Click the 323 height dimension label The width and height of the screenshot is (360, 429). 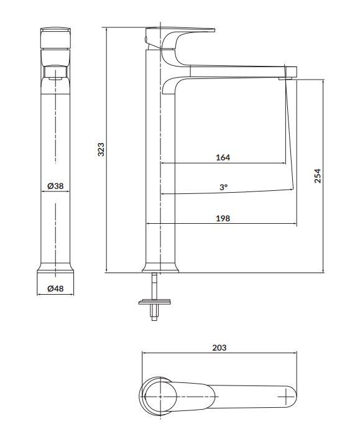click(101, 149)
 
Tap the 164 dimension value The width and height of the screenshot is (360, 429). click(223, 157)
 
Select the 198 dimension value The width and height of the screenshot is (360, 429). click(223, 218)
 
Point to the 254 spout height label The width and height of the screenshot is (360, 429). click(317, 176)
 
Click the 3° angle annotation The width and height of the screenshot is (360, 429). click(223, 187)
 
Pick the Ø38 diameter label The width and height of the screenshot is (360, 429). click(55, 186)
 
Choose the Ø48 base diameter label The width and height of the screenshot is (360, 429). click(55, 288)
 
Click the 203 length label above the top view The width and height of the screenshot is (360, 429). click(219, 348)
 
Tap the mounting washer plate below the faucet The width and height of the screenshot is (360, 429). click(155, 302)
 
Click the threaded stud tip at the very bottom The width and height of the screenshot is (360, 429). click(155, 318)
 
